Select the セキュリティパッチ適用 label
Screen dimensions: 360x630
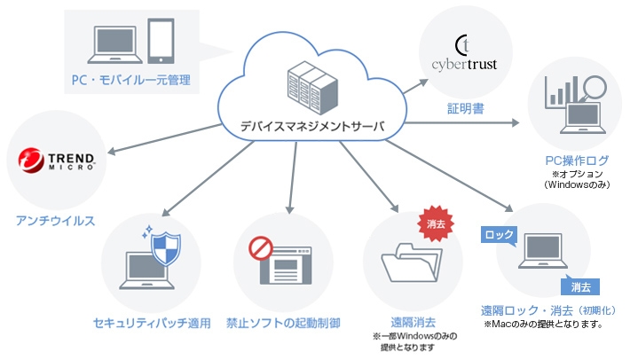point(152,322)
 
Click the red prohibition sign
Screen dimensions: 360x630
point(260,247)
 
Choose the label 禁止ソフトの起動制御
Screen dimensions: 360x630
point(283,322)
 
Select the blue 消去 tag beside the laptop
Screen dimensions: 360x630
point(579,286)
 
